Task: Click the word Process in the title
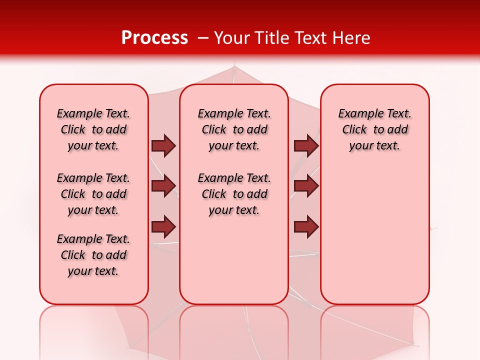click(x=154, y=38)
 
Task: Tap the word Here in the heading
click(x=350, y=38)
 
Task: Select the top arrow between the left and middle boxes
click(x=163, y=145)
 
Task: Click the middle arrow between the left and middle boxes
click(x=163, y=186)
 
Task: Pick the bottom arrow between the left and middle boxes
click(x=163, y=227)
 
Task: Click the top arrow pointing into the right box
click(x=306, y=145)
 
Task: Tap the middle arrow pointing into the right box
click(x=306, y=186)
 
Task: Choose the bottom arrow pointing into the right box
click(x=306, y=227)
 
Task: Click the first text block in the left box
click(x=93, y=129)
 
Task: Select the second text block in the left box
click(x=93, y=194)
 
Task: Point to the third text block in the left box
click(x=93, y=255)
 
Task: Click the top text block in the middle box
click(x=234, y=129)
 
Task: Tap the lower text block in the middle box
click(x=234, y=194)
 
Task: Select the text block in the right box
click(x=374, y=129)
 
